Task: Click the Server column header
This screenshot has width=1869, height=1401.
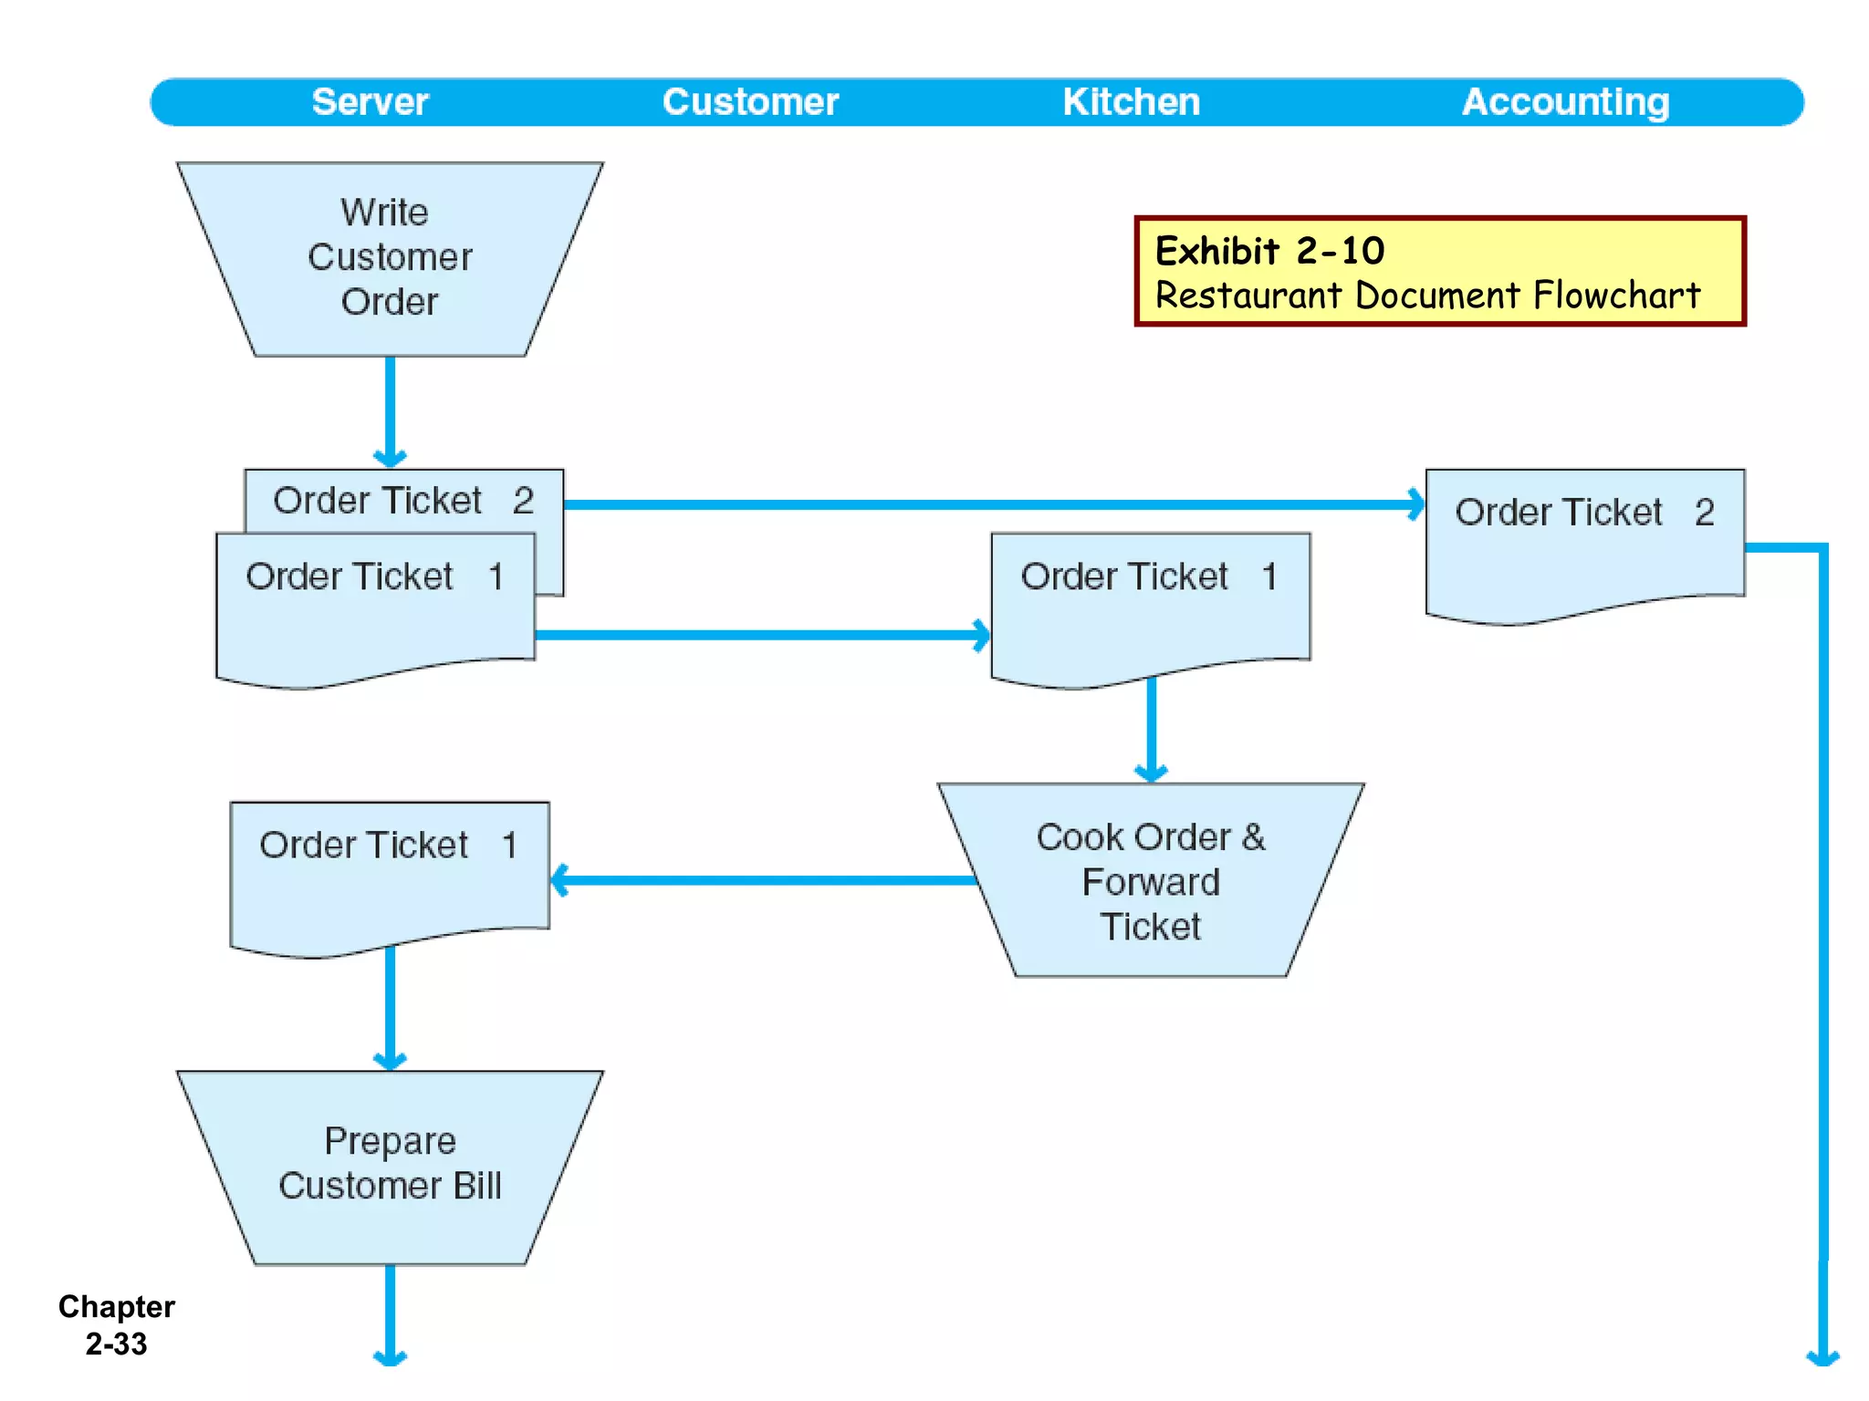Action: (370, 102)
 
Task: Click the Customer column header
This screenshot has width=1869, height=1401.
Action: (750, 102)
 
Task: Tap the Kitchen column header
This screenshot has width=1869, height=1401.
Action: (1131, 102)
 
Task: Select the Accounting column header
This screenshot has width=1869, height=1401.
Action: (1565, 102)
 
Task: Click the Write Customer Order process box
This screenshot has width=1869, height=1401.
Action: (390, 258)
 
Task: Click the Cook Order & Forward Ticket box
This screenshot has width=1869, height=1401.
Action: (1150, 881)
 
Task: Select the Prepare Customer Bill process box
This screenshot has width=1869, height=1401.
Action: (390, 1165)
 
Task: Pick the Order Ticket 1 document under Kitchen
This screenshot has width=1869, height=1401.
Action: (1150, 607)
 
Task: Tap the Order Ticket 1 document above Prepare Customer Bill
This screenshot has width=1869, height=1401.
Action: (390, 876)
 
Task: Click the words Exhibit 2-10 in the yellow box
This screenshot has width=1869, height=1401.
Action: (1269, 251)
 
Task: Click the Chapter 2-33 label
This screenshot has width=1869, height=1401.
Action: (116, 1324)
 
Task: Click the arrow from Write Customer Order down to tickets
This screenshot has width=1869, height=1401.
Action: (390, 410)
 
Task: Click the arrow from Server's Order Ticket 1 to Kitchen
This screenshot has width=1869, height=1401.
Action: (762, 635)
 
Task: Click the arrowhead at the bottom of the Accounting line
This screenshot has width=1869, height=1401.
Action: (1822, 1357)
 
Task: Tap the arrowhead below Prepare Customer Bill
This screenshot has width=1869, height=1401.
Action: (390, 1357)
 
